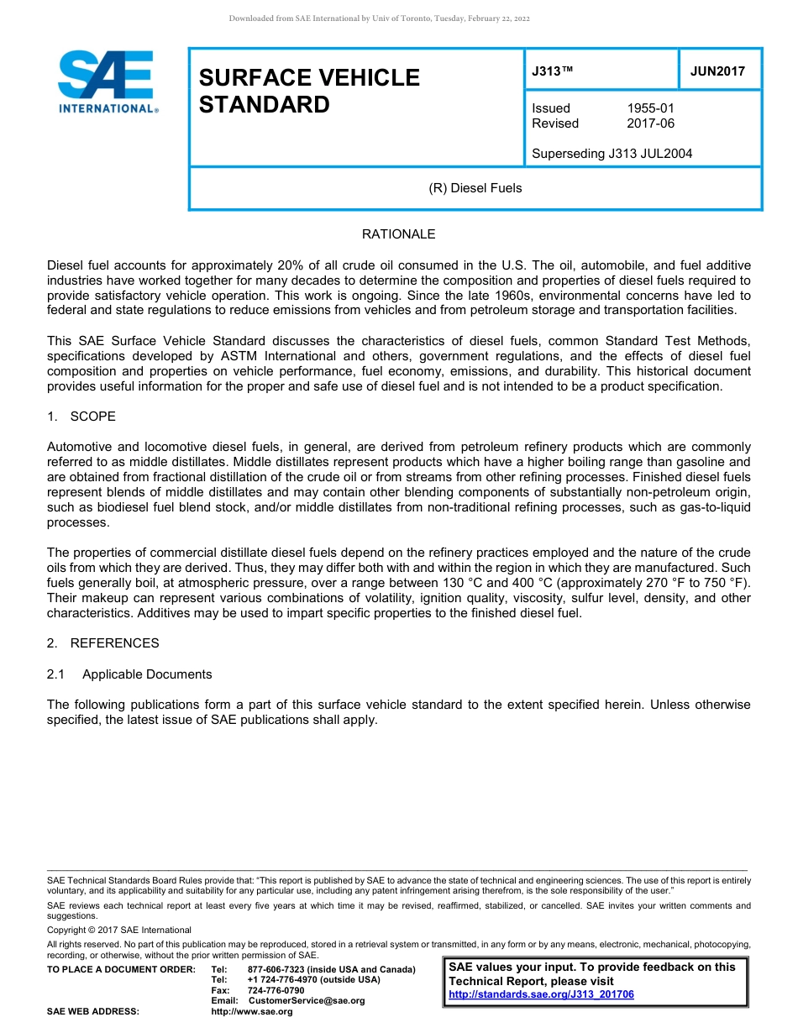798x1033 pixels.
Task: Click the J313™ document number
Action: [552, 71]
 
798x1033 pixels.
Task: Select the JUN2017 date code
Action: [717, 71]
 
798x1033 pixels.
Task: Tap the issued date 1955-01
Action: [650, 108]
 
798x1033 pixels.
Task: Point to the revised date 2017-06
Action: [650, 123]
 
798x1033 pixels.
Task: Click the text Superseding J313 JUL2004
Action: [612, 153]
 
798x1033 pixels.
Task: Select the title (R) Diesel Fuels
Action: [475, 188]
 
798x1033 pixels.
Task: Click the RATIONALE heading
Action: [398, 234]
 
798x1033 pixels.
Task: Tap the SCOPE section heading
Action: [92, 417]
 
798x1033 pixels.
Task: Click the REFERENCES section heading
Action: [114, 643]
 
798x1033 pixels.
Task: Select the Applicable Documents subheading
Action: [147, 674]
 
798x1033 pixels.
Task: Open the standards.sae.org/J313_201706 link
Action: [541, 994]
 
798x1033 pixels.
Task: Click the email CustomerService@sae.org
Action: [307, 1000]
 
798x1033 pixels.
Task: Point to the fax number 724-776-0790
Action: [276, 990]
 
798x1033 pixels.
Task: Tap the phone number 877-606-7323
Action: [277, 970]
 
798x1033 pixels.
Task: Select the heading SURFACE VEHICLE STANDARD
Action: [308, 91]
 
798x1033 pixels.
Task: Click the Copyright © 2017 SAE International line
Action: [119, 930]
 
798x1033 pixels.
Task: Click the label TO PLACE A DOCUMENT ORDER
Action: [121, 970]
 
